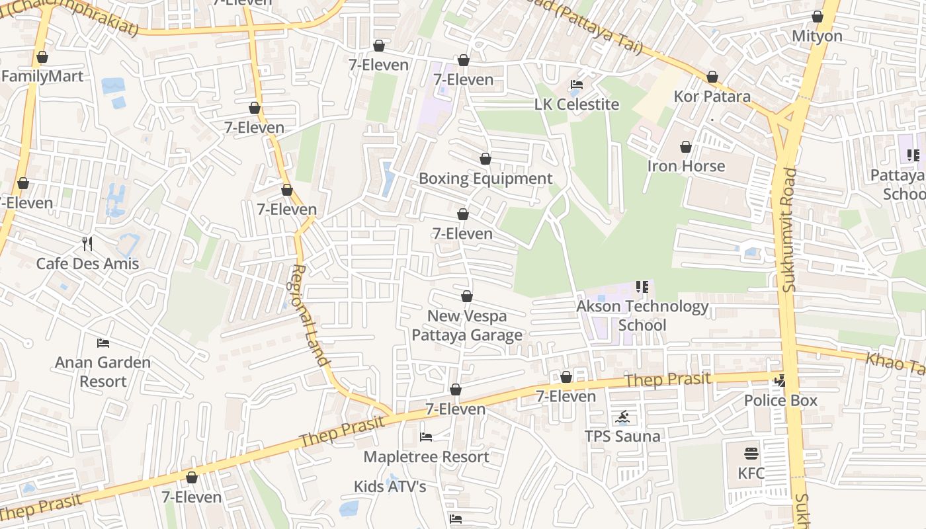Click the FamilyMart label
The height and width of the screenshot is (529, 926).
coord(42,76)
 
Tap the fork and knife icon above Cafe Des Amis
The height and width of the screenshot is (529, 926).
coord(87,244)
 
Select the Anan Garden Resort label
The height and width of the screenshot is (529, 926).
coord(103,372)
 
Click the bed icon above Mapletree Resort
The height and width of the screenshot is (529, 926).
coord(426,437)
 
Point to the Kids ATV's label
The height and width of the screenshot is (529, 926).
coord(390,487)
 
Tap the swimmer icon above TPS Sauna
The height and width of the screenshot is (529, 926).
coord(622,417)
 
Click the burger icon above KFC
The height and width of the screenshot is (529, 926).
coord(751,454)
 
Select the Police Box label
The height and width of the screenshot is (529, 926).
coord(780,400)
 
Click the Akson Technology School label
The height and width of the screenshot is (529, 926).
coord(642,315)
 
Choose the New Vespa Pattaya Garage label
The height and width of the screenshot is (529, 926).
coord(467,325)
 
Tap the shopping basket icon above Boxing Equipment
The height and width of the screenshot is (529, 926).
coord(485,159)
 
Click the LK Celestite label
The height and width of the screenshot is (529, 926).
coord(577,104)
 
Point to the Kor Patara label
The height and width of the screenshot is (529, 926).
coord(712,97)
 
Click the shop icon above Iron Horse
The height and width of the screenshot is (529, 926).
coord(686,147)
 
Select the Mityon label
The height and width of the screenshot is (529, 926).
coord(818,36)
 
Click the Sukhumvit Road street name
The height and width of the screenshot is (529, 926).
coord(789,229)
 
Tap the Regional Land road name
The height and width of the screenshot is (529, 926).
coord(310,315)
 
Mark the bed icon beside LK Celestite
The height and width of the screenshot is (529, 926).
coord(577,85)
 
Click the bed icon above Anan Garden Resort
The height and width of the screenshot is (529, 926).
coord(103,343)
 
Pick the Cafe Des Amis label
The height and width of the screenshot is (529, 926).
coord(87,263)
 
